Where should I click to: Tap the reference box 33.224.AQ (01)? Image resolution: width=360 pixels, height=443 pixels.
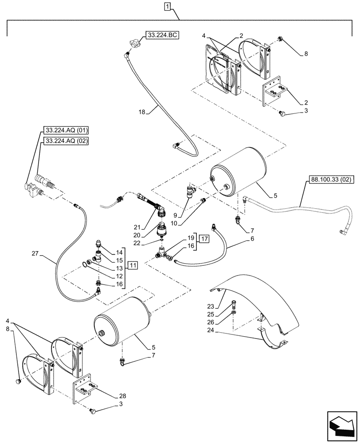coord(66,130)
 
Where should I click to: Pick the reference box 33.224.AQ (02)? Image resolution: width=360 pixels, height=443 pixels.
coord(66,141)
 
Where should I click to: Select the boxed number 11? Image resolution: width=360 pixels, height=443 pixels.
coord(133,265)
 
